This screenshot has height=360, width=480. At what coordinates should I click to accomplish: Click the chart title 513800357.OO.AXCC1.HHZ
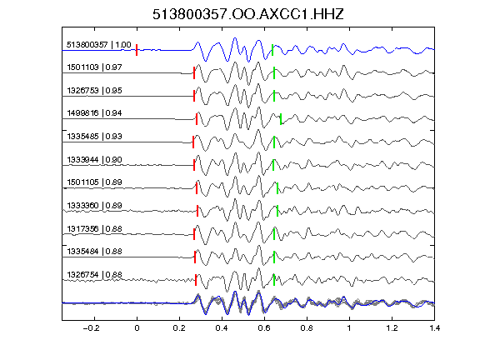248,14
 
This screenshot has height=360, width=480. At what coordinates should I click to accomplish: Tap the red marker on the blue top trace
137,50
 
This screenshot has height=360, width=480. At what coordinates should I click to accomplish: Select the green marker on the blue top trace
272,50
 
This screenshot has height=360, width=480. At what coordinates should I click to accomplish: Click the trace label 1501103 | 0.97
94,67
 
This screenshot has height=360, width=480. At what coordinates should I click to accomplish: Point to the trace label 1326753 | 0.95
94,90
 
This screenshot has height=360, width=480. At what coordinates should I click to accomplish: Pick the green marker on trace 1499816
281,119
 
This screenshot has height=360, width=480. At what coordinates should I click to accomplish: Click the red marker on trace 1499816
197,119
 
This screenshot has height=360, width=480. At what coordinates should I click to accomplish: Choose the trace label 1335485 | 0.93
94,136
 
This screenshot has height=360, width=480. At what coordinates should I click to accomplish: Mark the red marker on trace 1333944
194,165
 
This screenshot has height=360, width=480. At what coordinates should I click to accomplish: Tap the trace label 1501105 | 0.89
94,182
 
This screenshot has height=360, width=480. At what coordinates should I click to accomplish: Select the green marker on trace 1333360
277,211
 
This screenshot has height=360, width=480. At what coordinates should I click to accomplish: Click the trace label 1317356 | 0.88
94,228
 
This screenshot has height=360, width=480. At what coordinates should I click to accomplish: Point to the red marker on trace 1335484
195,257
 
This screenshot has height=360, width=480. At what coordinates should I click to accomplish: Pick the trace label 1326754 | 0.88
94,275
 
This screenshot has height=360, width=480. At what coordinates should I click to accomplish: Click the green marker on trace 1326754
274,280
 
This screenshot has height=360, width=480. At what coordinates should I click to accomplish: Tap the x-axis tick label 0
137,328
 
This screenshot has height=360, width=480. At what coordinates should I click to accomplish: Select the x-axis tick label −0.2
91,328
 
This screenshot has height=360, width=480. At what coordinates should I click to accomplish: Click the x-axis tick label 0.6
264,328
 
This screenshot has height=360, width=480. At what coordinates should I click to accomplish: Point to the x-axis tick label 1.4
434,328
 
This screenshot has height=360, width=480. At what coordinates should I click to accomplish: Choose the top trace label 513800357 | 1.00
98,45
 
